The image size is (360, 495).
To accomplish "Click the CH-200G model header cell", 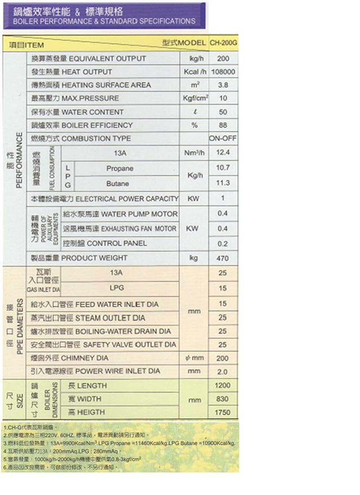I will click(x=223, y=43).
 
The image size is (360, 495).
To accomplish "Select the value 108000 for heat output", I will click(x=223, y=72).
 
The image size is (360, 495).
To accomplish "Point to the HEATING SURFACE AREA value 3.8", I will click(x=223, y=85).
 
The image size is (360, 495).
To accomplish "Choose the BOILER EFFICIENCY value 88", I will click(x=223, y=125).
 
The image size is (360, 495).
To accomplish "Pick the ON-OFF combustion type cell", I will click(x=223, y=138).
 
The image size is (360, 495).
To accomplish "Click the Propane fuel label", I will click(x=120, y=169).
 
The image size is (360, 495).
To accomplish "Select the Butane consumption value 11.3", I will click(x=223, y=183).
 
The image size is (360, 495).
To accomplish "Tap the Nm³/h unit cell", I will click(x=194, y=153).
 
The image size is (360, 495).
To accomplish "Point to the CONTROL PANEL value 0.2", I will click(x=223, y=244).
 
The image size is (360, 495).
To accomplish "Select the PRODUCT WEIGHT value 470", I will click(x=223, y=258).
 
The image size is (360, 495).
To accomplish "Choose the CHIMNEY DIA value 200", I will click(x=223, y=358).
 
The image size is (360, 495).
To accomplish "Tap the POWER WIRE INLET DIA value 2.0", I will click(x=223, y=372).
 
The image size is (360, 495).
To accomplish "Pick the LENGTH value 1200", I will click(x=223, y=386).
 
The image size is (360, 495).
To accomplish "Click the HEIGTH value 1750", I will click(x=223, y=413).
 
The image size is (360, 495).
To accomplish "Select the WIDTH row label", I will click(x=85, y=399).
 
